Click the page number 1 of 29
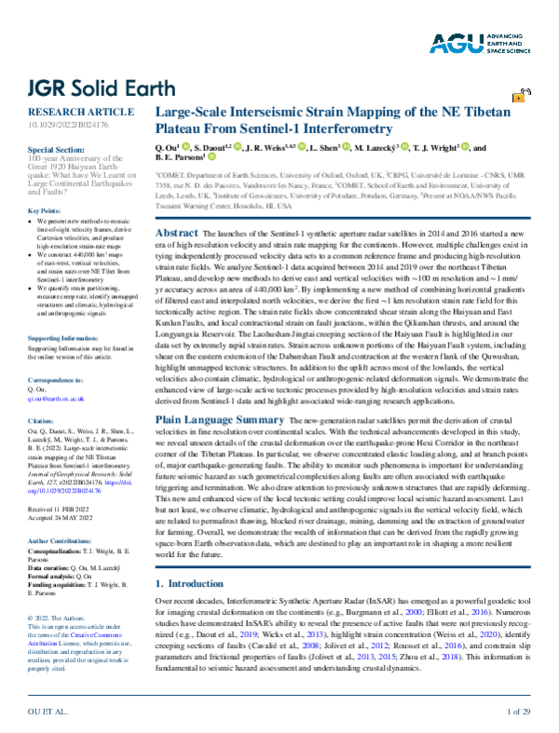click(517, 712)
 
